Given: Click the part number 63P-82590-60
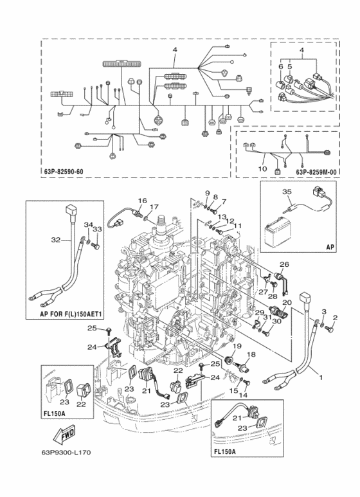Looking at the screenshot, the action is (62, 172).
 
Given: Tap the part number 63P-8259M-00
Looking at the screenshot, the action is (316, 172).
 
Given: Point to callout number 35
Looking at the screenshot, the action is (287, 192).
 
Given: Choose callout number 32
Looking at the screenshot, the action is (56, 240).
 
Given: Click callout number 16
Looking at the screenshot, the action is (143, 201).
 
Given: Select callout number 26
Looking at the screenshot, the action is (284, 264).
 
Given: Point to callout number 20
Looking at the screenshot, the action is (287, 302).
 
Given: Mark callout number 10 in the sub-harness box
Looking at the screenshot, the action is (262, 169).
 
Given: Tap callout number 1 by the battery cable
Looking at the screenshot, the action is (321, 377).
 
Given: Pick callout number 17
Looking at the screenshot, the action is (154, 207).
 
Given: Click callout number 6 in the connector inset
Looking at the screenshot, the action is (281, 67).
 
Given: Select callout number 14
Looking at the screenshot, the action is (244, 395).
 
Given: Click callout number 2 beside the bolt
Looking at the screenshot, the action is (336, 318).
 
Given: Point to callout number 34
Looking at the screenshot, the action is (88, 225).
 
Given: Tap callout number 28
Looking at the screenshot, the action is (273, 296).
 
